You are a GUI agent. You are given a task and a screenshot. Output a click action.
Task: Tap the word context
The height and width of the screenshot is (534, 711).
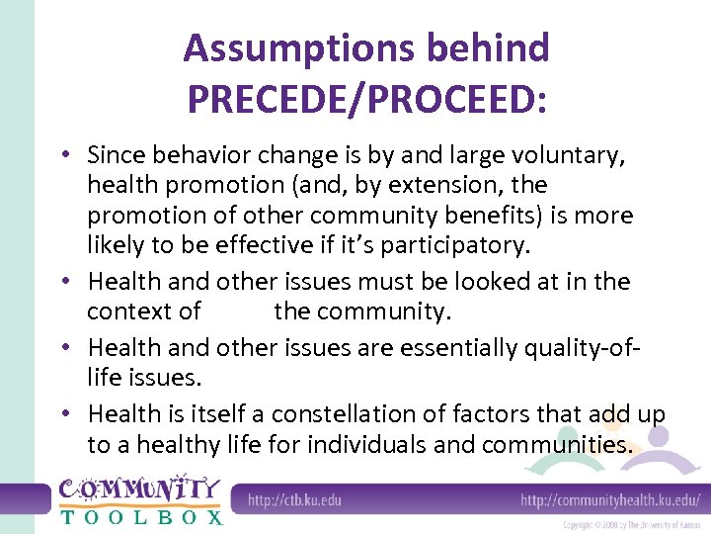128,311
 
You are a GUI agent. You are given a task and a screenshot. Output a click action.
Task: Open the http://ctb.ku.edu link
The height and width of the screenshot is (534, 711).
294,499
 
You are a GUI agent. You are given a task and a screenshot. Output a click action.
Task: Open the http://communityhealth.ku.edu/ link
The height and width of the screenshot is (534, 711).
610,499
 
